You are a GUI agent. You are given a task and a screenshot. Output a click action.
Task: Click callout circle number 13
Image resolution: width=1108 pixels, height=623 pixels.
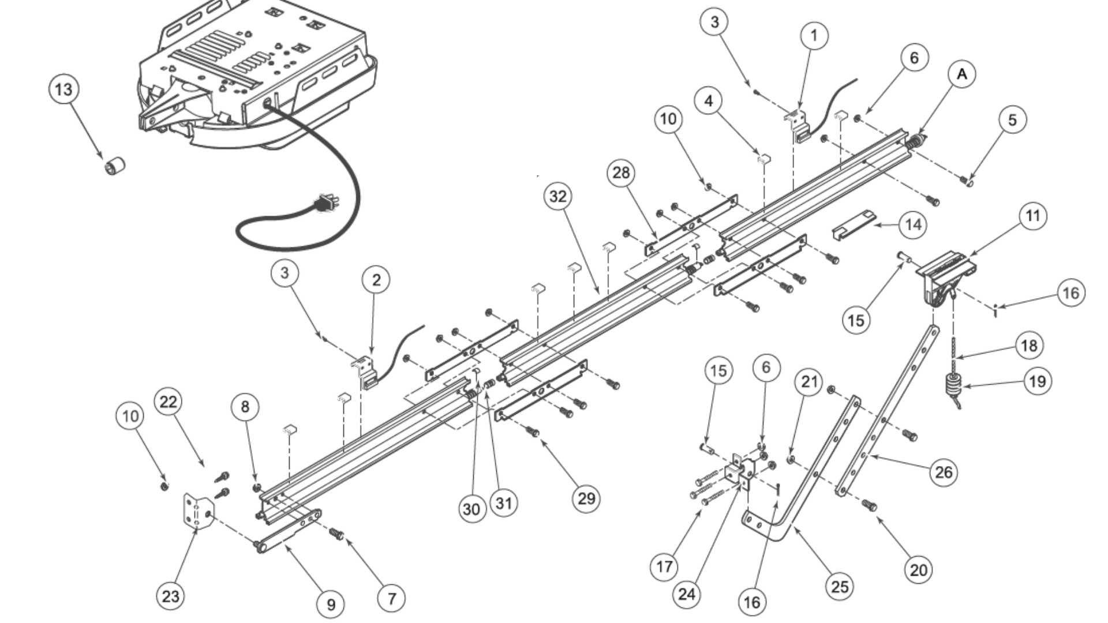click(63, 89)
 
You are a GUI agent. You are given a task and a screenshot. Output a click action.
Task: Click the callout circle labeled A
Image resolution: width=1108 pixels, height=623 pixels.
click(961, 74)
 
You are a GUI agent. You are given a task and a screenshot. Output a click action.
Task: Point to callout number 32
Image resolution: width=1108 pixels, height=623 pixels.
click(557, 197)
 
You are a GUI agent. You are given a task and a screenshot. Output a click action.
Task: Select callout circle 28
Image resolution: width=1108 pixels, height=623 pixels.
click(621, 172)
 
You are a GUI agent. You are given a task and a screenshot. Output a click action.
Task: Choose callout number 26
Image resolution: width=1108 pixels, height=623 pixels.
click(944, 472)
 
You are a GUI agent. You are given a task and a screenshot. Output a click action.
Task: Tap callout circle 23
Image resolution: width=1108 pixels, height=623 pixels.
click(170, 595)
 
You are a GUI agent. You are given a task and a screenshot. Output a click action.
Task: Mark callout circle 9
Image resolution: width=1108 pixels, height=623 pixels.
click(331, 604)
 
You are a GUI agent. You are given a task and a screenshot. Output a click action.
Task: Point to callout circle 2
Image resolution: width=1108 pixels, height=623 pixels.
click(376, 280)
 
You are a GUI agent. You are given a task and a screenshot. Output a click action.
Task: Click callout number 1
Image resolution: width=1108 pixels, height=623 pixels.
click(814, 36)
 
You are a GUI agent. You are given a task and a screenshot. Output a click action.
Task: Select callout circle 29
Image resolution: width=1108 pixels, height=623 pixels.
click(586, 498)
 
